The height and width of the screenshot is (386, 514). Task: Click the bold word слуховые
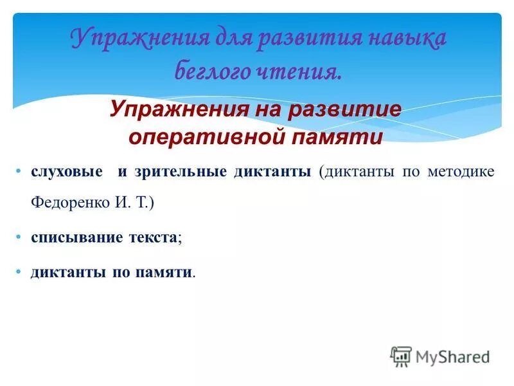coord(67,172)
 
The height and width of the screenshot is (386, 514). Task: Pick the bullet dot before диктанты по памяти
coord(20,271)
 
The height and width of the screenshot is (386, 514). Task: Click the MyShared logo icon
coord(401,356)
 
